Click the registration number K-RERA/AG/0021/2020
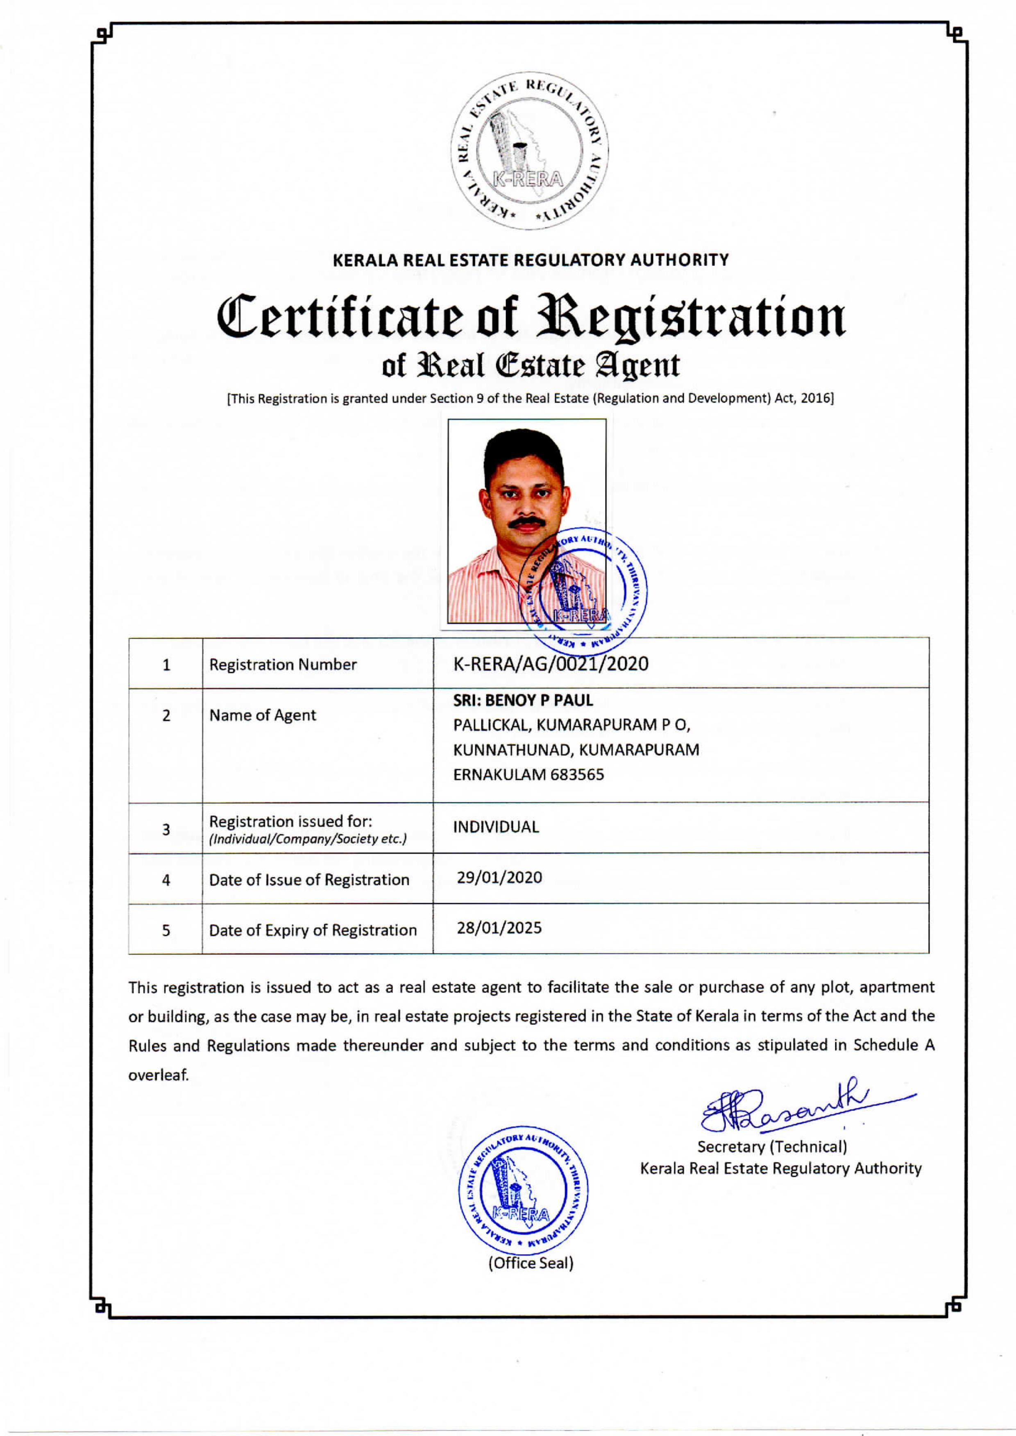(x=551, y=664)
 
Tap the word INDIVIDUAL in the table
(x=495, y=827)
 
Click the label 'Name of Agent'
(x=262, y=715)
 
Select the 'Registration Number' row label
(x=283, y=665)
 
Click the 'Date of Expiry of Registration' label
(x=313, y=930)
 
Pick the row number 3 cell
(x=166, y=830)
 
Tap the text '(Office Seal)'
(x=531, y=1263)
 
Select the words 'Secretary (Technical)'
(x=772, y=1147)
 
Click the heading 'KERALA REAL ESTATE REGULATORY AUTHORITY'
(x=531, y=260)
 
